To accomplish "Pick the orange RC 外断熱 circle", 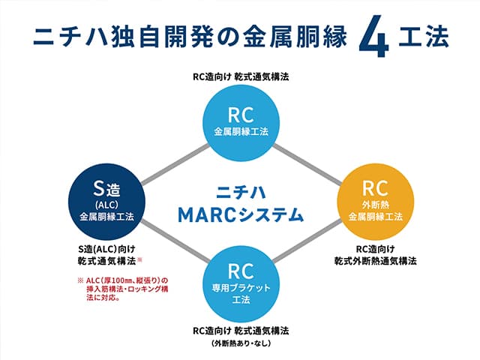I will (x=374, y=199).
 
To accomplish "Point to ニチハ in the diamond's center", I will (x=240, y=190).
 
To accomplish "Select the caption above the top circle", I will (x=239, y=78).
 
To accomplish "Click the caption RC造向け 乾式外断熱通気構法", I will (x=376, y=254).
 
